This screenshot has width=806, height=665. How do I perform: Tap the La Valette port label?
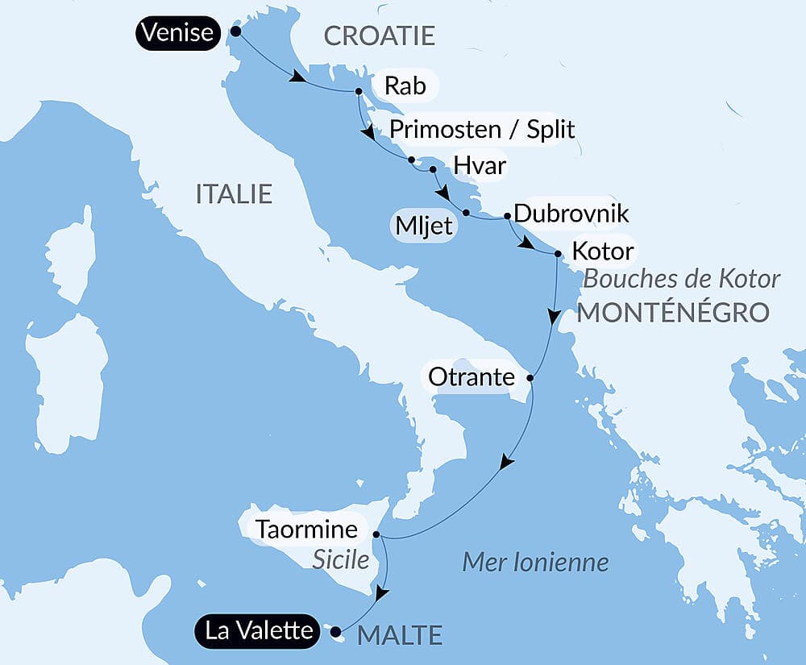pyautogui.click(x=258, y=630)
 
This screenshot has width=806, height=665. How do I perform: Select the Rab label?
pyautogui.click(x=405, y=86)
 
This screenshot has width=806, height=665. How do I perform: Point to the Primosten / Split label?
pyautogui.click(x=482, y=130)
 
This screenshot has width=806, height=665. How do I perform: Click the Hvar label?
pyautogui.click(x=479, y=166)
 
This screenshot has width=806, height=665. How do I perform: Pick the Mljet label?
pyautogui.click(x=423, y=226)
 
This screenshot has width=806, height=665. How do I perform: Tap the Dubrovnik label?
pyautogui.click(x=571, y=214)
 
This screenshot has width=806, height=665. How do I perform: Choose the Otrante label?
pyautogui.click(x=472, y=376)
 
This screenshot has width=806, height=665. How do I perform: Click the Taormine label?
pyautogui.click(x=305, y=530)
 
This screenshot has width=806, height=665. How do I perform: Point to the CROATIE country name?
pyautogui.click(x=379, y=35)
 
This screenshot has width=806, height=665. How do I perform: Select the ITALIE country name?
pyautogui.click(x=234, y=194)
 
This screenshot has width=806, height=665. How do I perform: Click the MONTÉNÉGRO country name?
pyautogui.click(x=672, y=312)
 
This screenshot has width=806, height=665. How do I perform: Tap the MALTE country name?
pyautogui.click(x=400, y=635)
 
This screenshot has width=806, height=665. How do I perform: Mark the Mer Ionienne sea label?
pyautogui.click(x=535, y=562)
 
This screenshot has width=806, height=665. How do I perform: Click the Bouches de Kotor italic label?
pyautogui.click(x=681, y=279)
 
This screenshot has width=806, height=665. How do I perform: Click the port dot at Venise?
pyautogui.click(x=235, y=31)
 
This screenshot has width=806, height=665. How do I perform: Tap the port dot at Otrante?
pyautogui.click(x=530, y=377)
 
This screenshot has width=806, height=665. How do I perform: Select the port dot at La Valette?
pyautogui.click(x=335, y=632)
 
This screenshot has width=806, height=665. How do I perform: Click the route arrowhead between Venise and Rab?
pyautogui.click(x=298, y=78)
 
